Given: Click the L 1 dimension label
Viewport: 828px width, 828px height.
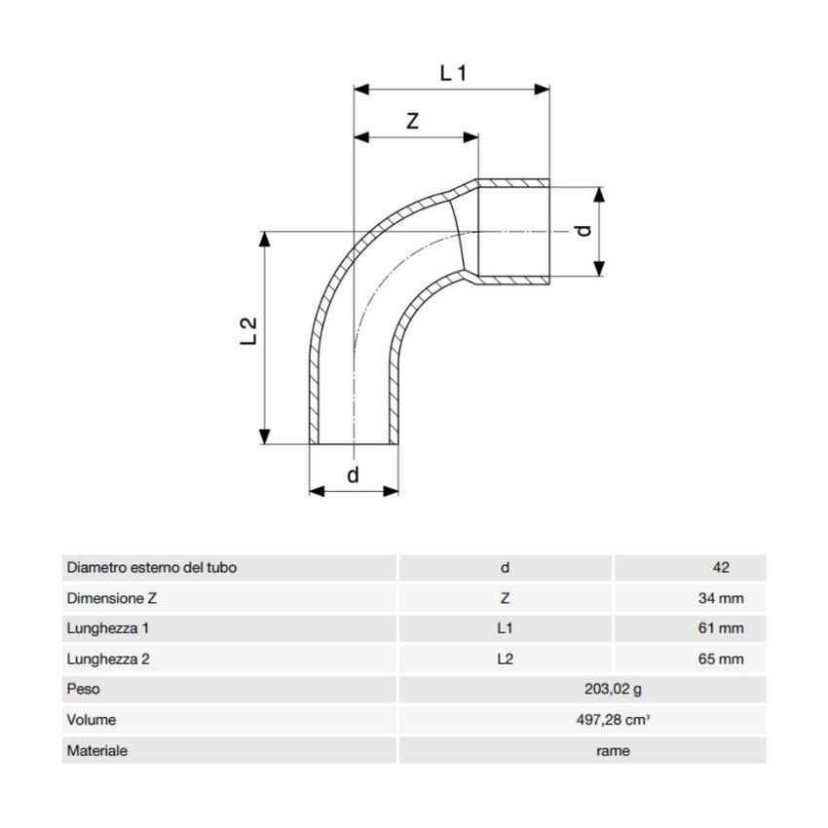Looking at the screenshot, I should (454, 72).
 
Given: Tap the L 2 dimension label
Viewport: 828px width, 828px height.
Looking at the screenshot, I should (249, 331).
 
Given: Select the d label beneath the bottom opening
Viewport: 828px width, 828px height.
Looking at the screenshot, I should (354, 474).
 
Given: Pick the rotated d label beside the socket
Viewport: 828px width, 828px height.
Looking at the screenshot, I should (582, 231).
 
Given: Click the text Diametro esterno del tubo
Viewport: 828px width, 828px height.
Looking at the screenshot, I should (151, 568).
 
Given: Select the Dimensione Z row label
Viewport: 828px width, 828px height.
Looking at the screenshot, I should (112, 598).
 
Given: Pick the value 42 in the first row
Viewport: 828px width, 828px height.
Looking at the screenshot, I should (721, 568).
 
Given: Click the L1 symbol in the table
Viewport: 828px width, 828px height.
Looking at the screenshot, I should (505, 628).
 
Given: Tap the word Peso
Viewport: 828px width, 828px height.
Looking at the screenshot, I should (83, 690).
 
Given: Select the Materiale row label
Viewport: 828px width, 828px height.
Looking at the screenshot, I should (96, 751).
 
